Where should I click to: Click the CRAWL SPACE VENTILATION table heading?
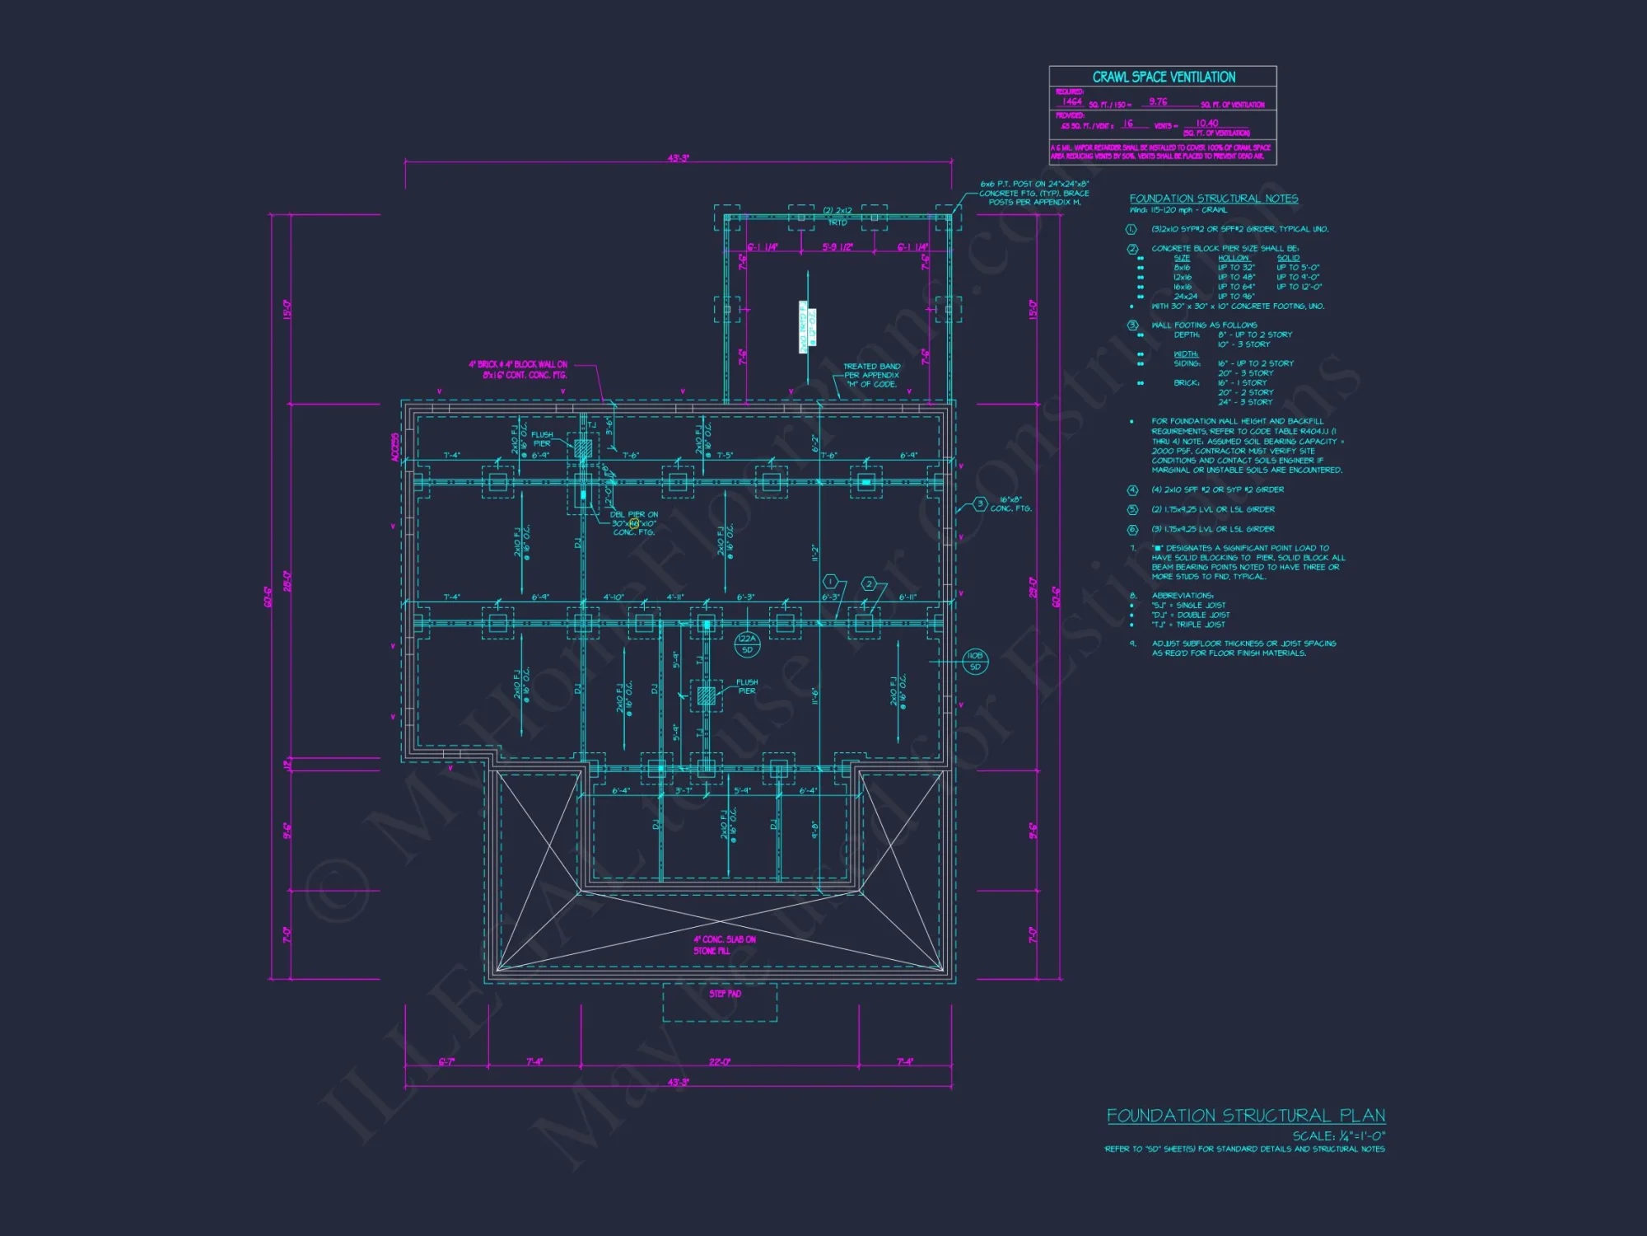pos(1163,77)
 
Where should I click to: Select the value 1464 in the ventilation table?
pos(1072,101)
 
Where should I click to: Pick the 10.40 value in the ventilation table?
pos(1206,123)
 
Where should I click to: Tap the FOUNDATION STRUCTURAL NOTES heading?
pos(1213,199)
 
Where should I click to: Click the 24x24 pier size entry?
pos(1185,296)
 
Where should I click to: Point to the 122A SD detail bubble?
pos(746,644)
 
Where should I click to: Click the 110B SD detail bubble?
pos(975,661)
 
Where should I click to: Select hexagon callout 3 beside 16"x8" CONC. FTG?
pos(979,503)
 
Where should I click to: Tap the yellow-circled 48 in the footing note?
pos(634,523)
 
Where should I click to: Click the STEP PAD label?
pos(725,994)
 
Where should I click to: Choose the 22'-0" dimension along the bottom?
pos(720,1061)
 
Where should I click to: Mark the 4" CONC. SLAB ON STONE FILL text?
pos(724,945)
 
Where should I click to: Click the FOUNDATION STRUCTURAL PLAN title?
pos(1245,1116)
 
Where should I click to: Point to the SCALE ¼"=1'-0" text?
pos(1338,1135)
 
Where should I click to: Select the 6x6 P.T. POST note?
pos(1033,193)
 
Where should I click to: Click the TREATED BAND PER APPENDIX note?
pos(871,375)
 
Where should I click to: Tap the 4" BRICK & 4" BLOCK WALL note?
pos(518,369)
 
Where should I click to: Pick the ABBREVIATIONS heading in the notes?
pos(1182,595)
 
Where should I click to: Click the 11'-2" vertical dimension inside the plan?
pos(814,553)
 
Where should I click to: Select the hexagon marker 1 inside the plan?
pos(830,583)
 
